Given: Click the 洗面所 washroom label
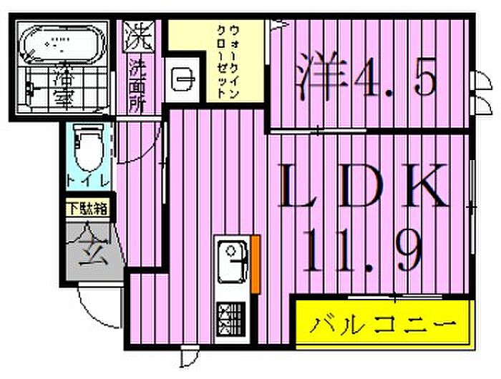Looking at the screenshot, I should (x=137, y=87).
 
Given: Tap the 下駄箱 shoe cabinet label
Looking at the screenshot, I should (x=88, y=210).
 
